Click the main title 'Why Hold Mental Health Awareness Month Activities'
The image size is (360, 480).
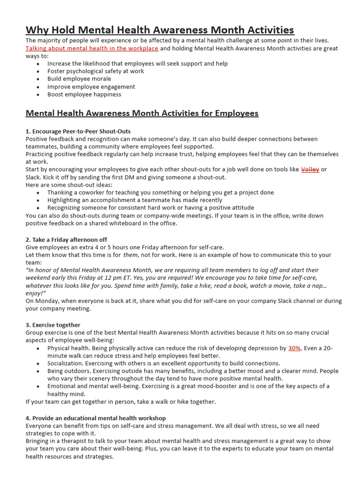tap(160, 30)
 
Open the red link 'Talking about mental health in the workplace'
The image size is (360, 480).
tap(92, 48)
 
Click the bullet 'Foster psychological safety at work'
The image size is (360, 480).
tap(96, 71)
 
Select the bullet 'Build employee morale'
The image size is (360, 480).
tap(79, 79)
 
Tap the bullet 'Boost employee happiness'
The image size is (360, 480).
tap(84, 94)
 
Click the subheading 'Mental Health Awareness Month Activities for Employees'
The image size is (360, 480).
tap(142, 113)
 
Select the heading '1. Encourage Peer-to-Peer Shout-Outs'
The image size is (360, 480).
tap(78, 131)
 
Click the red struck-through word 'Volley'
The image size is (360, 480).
tap(310, 169)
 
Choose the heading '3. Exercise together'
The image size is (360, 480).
tap(53, 325)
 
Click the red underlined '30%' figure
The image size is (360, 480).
tap(294, 348)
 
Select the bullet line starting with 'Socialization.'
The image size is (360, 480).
tap(164, 363)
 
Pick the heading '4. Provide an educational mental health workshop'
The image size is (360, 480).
tap(96, 418)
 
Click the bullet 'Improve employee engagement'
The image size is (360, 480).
tap(91, 87)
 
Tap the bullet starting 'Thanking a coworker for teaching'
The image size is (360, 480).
tap(160, 192)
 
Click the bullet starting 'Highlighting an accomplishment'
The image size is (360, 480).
tap(135, 200)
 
